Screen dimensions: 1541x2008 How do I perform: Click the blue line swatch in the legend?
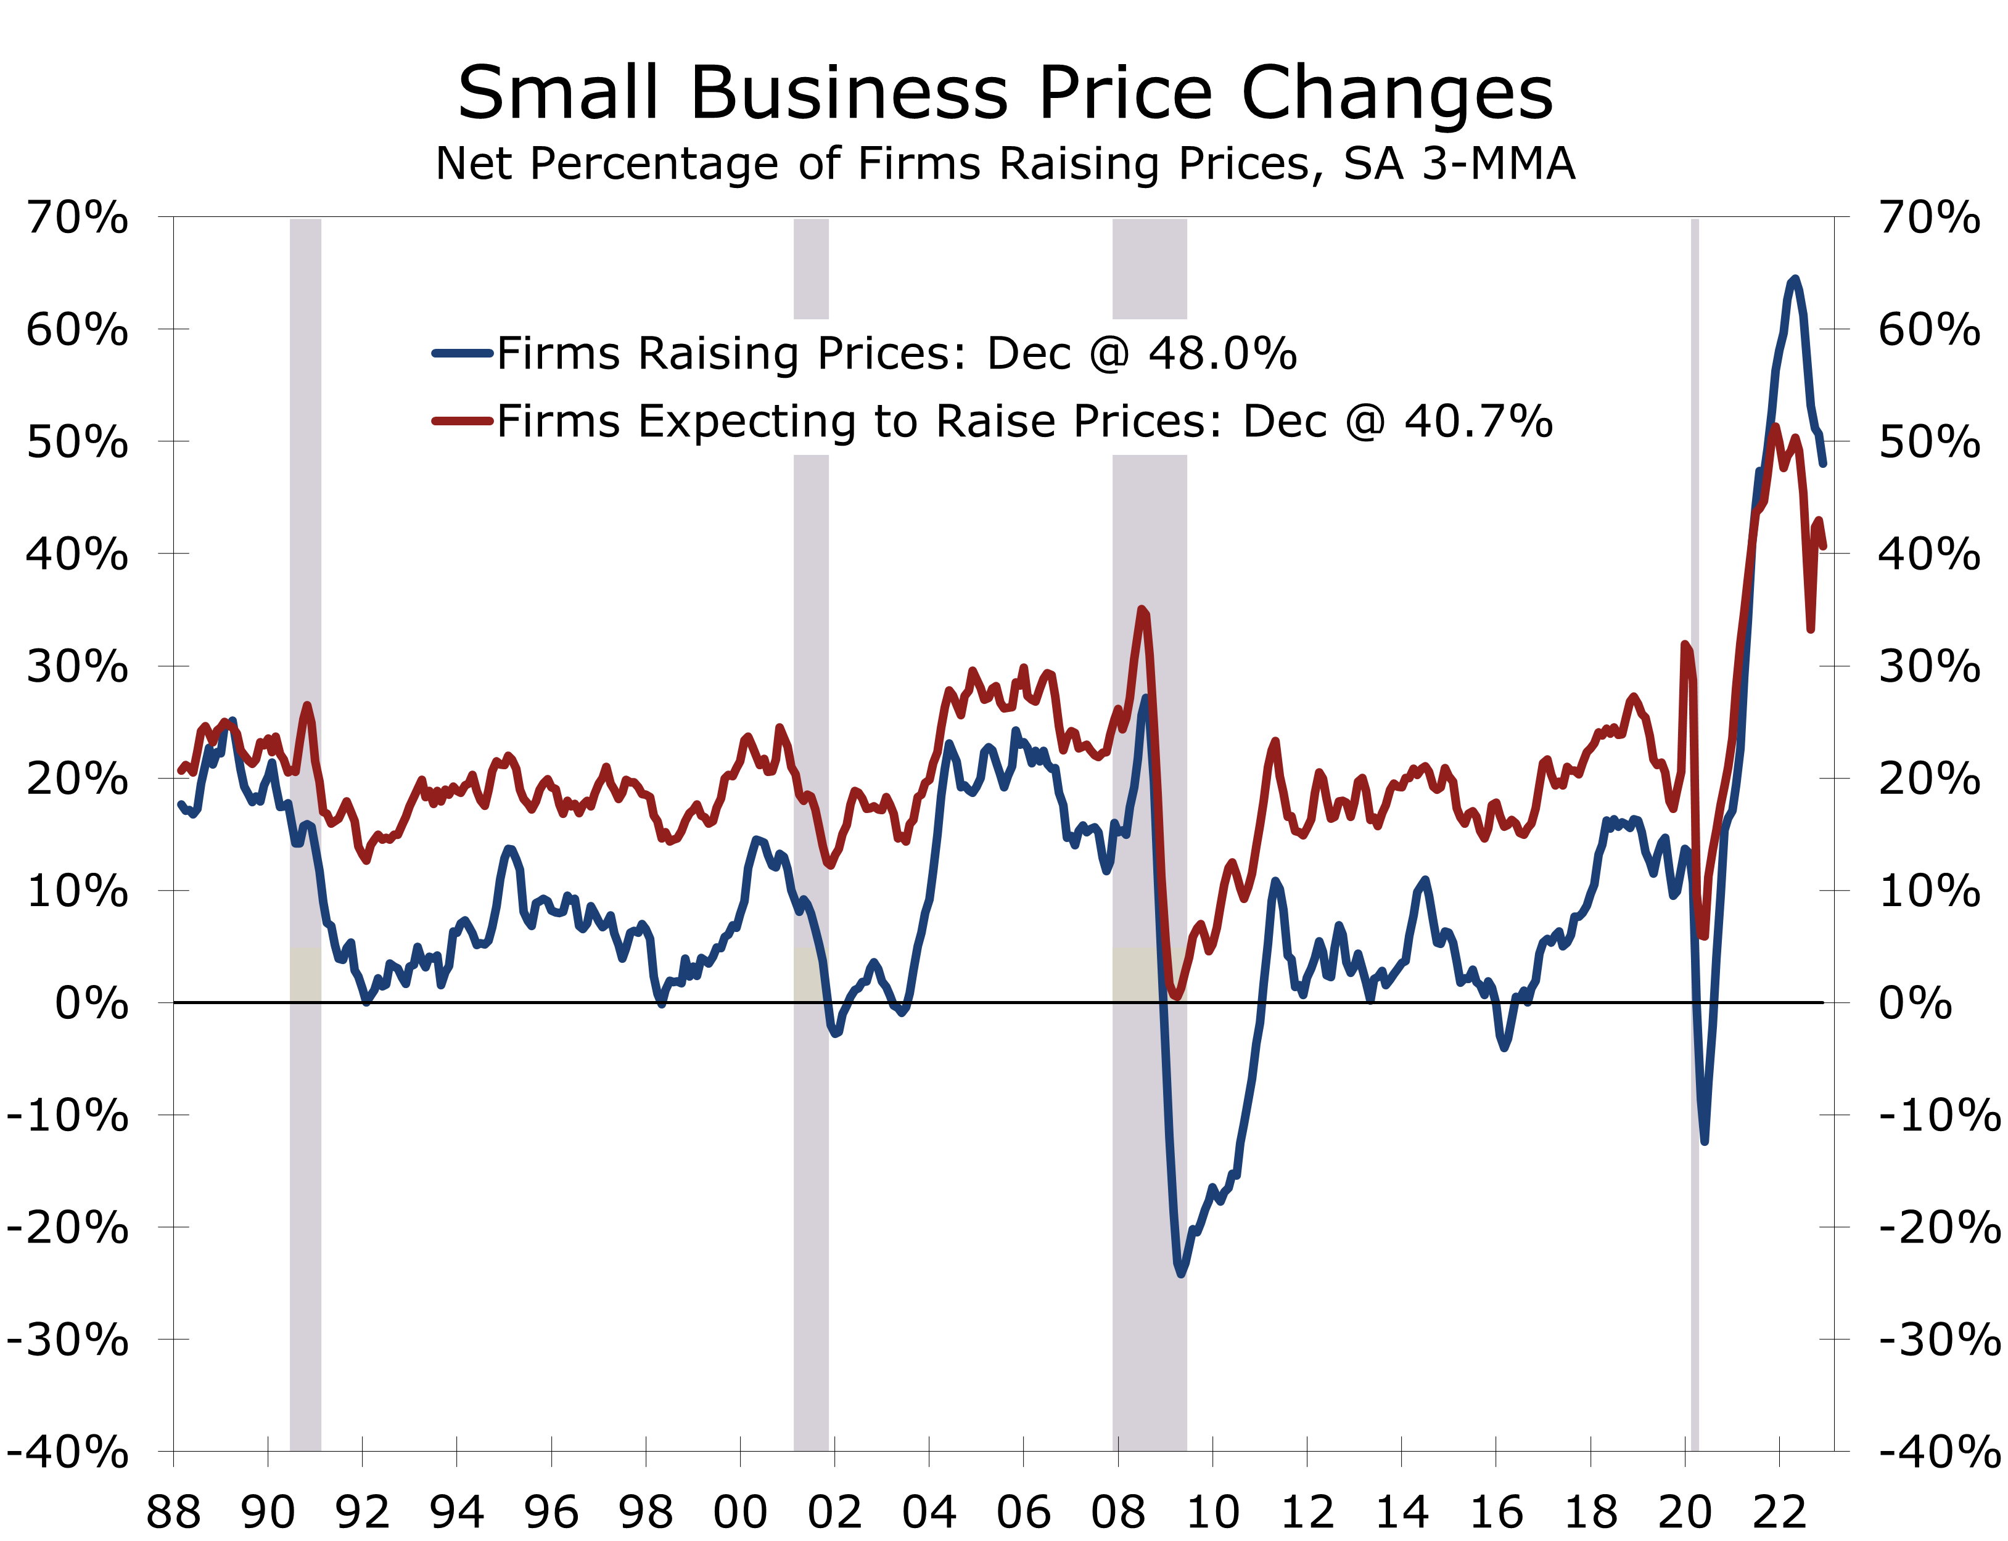(463, 353)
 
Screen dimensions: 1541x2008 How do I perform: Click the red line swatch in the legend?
(463, 421)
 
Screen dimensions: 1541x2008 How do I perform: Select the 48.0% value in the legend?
(1222, 353)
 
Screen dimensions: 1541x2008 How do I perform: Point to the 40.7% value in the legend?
(1478, 421)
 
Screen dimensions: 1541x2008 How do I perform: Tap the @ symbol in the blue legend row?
(1109, 353)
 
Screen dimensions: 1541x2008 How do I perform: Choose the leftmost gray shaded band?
(306, 1193)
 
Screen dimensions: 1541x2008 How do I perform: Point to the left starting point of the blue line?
(180, 804)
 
